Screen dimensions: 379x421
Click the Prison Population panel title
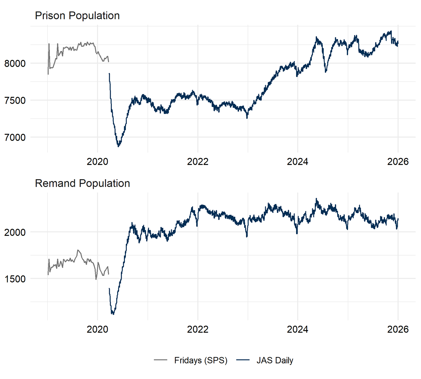coord(77,16)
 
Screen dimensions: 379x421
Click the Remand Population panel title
coord(82,183)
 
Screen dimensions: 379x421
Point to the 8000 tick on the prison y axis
coord(15,63)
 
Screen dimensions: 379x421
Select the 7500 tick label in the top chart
coord(15,101)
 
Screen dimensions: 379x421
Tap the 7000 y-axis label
coord(15,138)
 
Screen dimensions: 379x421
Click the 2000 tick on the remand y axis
coord(15,232)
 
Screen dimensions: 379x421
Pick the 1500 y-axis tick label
coord(15,279)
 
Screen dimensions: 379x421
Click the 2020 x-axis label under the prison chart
coord(97,162)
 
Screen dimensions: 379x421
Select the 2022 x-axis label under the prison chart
coord(198,162)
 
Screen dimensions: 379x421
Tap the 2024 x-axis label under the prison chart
coord(298,162)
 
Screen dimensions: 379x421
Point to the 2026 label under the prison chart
coord(398,162)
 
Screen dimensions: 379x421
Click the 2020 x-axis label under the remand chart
coord(97,329)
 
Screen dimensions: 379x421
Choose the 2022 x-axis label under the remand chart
coord(198,329)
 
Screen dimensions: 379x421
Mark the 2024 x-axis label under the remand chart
coord(298,329)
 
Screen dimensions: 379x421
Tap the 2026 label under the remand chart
coord(398,329)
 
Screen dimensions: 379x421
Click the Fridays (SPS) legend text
coord(201,360)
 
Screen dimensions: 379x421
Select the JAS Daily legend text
coord(275,360)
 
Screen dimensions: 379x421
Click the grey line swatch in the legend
coord(161,360)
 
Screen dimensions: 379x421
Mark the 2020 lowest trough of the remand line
coord(113,314)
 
